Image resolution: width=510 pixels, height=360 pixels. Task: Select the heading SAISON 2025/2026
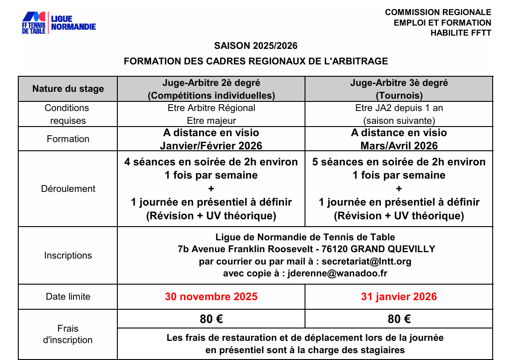(256, 46)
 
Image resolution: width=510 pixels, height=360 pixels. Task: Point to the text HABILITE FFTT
(461, 33)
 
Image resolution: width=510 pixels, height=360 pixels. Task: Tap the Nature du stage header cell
(68, 89)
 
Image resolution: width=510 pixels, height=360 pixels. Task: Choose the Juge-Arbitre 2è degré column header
(211, 89)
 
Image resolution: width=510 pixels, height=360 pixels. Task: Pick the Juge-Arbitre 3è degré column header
(399, 89)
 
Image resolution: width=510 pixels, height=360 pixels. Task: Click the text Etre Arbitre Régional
(211, 108)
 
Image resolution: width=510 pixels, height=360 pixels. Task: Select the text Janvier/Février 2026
(211, 146)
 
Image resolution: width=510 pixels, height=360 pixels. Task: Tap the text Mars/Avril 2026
(399, 146)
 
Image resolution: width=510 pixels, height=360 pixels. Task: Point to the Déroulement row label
(68, 189)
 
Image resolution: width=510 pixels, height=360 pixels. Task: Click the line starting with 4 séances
(211, 162)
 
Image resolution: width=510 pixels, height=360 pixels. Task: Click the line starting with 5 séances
(399, 162)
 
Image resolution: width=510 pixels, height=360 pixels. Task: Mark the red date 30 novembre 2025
(211, 296)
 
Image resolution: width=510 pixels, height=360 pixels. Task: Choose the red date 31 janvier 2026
(399, 296)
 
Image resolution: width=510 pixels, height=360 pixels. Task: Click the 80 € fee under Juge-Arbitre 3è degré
(399, 319)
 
